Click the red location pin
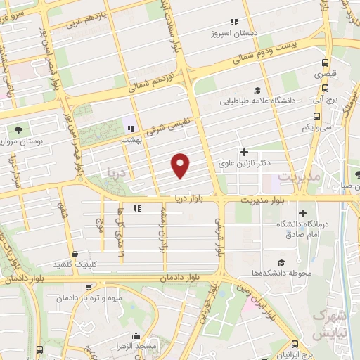point(181,165)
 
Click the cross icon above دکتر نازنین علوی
point(244,152)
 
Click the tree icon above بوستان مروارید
point(18,129)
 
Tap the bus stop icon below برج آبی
point(325,89)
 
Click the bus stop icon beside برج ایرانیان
point(295,344)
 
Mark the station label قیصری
point(326,73)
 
